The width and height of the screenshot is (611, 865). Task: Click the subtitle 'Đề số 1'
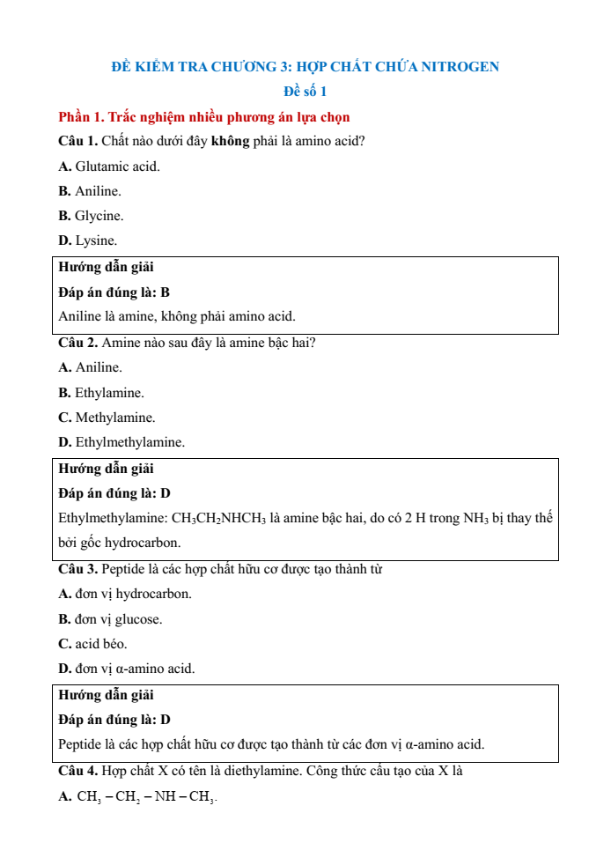point(305,92)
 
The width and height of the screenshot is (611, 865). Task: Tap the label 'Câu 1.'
point(78,141)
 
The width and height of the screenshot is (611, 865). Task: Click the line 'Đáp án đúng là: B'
point(114,292)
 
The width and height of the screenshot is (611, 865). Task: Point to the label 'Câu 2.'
point(78,343)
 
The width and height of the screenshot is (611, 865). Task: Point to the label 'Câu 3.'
point(78,569)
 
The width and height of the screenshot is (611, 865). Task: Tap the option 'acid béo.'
point(100,644)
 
